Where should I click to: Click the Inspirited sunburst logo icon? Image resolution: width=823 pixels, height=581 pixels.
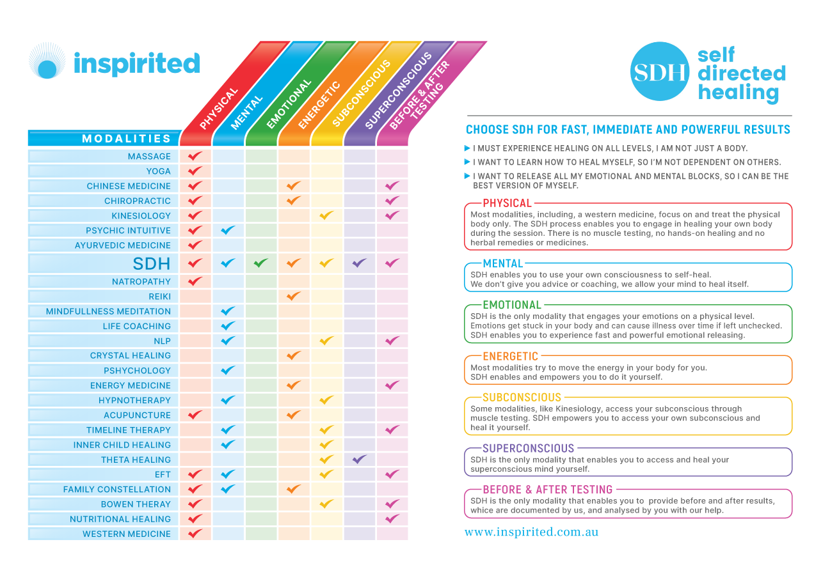pos(47,61)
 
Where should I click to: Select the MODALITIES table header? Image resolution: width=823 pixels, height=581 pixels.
pos(126,139)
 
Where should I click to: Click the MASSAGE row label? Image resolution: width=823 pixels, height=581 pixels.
pos(149,157)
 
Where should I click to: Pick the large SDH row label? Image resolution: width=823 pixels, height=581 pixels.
pos(152,263)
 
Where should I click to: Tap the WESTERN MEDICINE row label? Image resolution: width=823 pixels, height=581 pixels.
pos(127,534)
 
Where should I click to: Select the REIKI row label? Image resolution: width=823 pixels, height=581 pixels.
pos(159,297)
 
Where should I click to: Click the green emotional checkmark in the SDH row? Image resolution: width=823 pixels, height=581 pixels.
pos(260,263)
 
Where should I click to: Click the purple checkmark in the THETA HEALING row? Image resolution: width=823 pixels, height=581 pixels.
pos(359,459)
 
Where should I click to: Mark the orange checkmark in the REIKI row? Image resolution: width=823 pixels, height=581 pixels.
pos(293,296)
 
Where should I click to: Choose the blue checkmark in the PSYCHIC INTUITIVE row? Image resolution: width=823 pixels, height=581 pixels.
pos(227,230)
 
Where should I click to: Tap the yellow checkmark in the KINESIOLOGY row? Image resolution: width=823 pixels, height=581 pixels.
pos(326,215)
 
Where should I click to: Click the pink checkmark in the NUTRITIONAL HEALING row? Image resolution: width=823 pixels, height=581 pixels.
pos(392,518)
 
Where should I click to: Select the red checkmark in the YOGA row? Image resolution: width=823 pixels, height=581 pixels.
pos(195,171)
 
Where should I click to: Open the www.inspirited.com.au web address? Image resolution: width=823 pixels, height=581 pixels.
pos(531,532)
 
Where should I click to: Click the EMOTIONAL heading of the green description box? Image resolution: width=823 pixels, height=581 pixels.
pos(512,305)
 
